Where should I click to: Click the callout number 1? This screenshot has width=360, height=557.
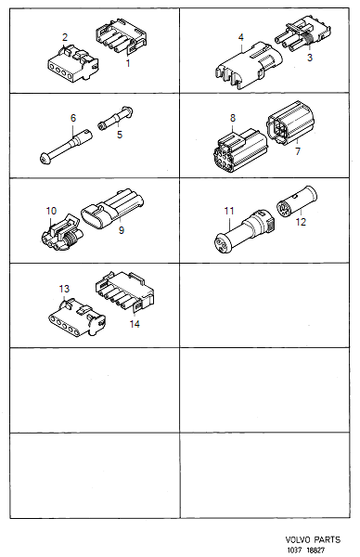click(x=128, y=62)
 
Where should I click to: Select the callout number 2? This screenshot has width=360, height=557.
click(x=64, y=37)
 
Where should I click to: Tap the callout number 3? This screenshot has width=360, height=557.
click(x=310, y=58)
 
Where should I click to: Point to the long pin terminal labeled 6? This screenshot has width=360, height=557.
click(x=65, y=147)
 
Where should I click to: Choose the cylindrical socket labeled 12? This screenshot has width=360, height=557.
click(x=299, y=202)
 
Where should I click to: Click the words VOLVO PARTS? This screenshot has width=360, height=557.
click(x=317, y=538)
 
